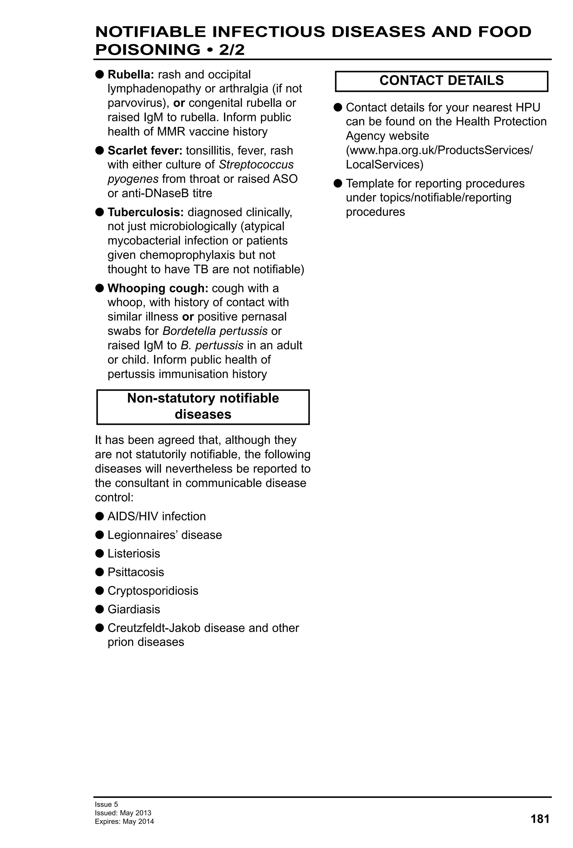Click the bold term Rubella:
tap(131, 74)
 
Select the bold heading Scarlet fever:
tap(145, 150)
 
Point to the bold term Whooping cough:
tap(158, 288)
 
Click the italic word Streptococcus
tap(256, 165)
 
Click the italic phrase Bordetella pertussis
tap(215, 331)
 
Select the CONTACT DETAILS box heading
tap(441, 81)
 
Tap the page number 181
tap(540, 819)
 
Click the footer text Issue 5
tap(106, 804)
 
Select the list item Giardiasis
tap(134, 609)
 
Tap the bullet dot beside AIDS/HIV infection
tap(99, 516)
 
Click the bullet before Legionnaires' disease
tap(99, 535)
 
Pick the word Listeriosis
tap(134, 553)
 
